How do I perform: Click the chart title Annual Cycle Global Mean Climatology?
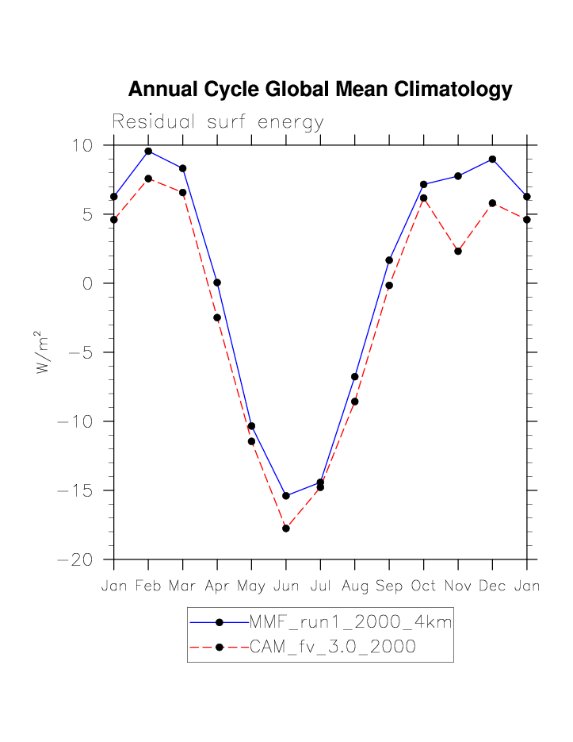tap(320, 90)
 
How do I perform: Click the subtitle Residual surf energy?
tap(218, 122)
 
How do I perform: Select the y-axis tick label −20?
tap(76, 560)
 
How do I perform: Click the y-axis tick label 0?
tap(89, 284)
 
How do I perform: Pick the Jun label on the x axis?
tap(286, 586)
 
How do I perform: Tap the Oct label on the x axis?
tap(423, 586)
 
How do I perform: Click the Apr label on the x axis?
tap(217, 587)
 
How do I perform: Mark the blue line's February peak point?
tap(148, 151)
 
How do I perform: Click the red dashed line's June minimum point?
tap(286, 528)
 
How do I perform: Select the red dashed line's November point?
tap(458, 251)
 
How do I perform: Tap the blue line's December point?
tap(492, 160)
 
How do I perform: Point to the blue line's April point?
tap(217, 283)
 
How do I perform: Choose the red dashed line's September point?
tap(389, 285)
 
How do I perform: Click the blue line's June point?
tap(286, 496)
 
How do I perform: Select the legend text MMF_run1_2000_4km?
tap(350, 624)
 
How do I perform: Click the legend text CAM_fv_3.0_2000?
tap(332, 647)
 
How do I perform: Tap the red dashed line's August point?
tap(355, 402)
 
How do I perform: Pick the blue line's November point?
tap(458, 175)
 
